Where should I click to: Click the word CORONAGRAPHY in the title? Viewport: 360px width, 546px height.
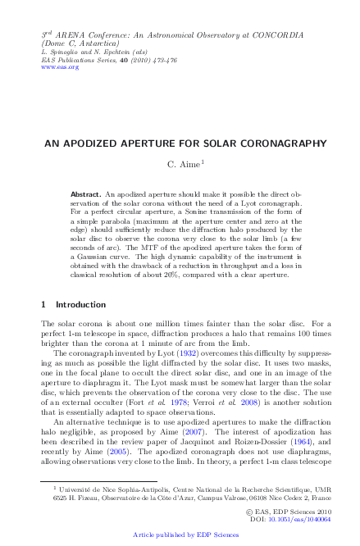click(262, 143)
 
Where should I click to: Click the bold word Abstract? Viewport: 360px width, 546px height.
click(86, 194)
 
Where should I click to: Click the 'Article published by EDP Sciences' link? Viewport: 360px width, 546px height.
click(180, 535)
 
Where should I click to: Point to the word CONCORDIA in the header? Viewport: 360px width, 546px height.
click(276, 36)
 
